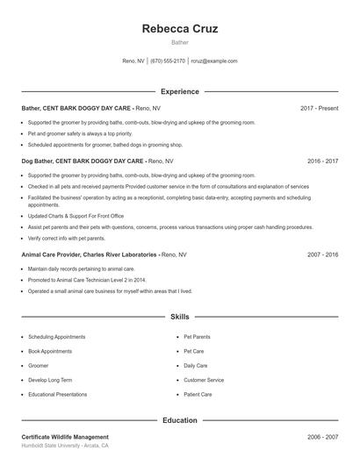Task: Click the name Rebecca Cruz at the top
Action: [179, 29]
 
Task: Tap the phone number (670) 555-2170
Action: [168, 61]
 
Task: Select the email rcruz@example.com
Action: [214, 61]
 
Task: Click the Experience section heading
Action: [179, 91]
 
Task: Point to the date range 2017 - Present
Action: [319, 108]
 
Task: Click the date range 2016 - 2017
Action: [322, 161]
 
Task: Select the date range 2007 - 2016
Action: [322, 254]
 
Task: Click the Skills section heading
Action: [179, 316]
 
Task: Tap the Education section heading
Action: [179, 420]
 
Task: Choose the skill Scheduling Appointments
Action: [56, 337]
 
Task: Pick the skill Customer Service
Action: [204, 380]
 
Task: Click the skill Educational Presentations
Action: [58, 395]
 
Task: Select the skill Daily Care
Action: [196, 366]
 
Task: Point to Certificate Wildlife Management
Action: [65, 437]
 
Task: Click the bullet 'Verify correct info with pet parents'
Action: [67, 238]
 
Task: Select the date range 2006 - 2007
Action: [322, 437]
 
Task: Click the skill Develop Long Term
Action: [50, 380]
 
